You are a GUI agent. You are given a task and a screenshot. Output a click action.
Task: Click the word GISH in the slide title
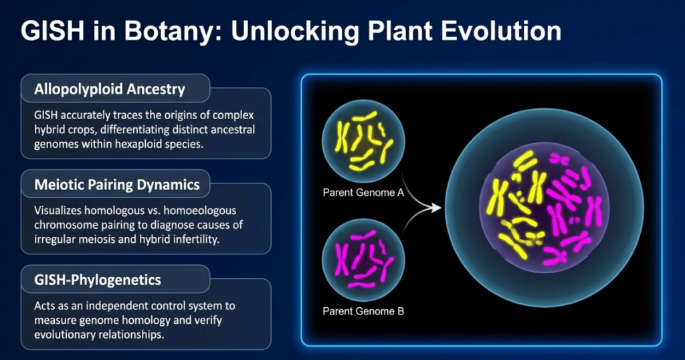52,31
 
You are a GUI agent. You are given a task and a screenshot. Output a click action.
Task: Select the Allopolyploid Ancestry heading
110,89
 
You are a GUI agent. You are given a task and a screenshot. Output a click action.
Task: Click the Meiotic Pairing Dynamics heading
117,185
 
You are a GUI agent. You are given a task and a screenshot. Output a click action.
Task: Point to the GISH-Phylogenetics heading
98,280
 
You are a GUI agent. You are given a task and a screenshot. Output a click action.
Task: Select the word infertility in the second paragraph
197,239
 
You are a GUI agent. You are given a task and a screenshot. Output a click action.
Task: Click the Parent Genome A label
363,192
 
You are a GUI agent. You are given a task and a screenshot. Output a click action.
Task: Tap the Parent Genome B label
363,311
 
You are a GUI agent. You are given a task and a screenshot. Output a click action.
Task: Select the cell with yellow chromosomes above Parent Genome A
363,141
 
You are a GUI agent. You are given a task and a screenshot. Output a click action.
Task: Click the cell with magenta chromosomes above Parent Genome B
363,260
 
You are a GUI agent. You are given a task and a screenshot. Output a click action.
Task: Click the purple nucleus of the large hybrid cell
544,208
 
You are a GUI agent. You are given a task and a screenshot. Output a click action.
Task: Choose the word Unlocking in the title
294,31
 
